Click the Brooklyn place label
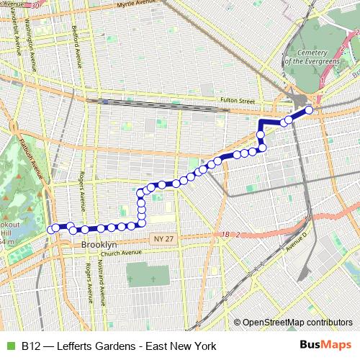click(98, 245)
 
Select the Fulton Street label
click(237, 102)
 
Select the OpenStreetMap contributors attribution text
click(297, 322)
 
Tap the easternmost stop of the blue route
click(310, 110)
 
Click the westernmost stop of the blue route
click(52, 230)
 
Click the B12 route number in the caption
click(30, 346)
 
